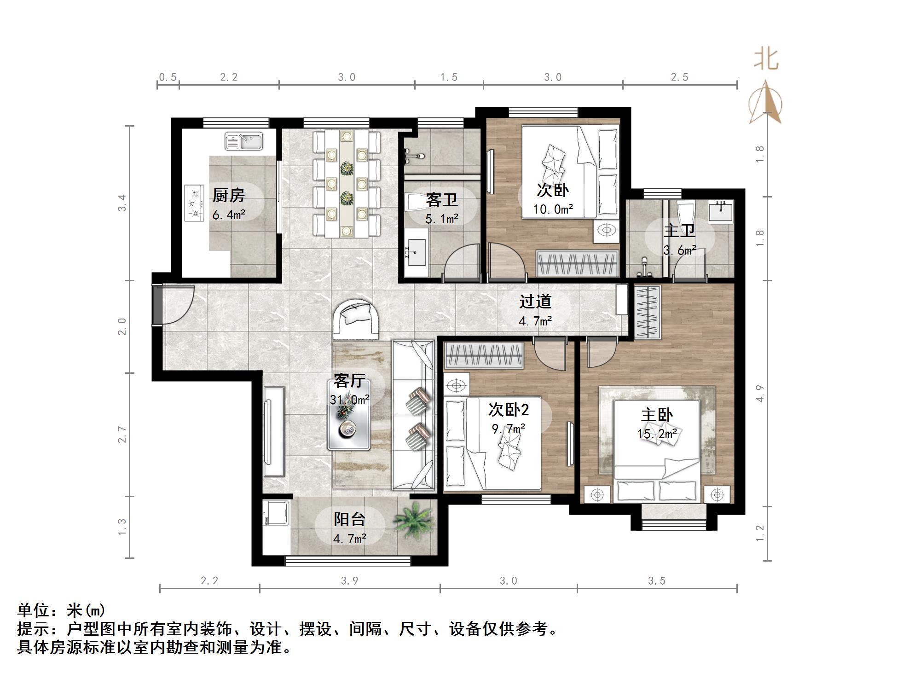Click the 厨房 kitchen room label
(x=228, y=196)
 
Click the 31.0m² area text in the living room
(x=349, y=400)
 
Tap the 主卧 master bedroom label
(x=657, y=415)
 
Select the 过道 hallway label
(x=535, y=302)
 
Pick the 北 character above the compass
(x=766, y=60)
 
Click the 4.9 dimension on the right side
(x=760, y=394)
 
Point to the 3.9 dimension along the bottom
(x=349, y=581)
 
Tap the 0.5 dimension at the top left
(x=168, y=77)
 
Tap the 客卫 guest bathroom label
(x=441, y=201)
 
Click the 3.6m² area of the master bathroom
(x=679, y=250)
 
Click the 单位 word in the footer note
(x=33, y=610)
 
